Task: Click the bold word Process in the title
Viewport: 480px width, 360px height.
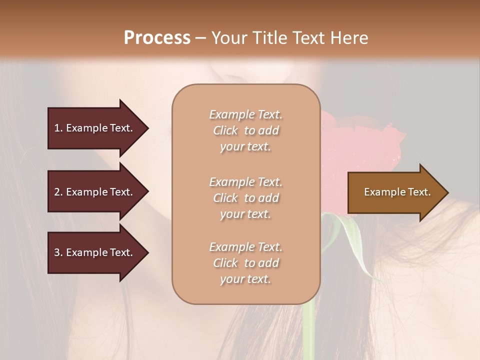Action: tap(157, 37)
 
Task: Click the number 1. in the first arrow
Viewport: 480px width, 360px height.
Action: tap(58, 128)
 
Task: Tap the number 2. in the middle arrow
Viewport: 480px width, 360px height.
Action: tap(58, 192)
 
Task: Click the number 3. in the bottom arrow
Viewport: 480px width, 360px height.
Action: tap(58, 252)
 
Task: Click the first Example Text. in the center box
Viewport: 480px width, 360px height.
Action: tap(245, 114)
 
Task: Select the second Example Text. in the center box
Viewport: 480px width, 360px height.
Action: tap(245, 181)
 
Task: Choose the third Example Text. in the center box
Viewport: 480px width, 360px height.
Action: tap(245, 247)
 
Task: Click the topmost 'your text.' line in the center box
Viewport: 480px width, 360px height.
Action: tap(245, 147)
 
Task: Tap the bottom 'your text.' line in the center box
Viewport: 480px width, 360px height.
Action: tap(245, 279)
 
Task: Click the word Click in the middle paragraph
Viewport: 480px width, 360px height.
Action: tap(225, 198)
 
